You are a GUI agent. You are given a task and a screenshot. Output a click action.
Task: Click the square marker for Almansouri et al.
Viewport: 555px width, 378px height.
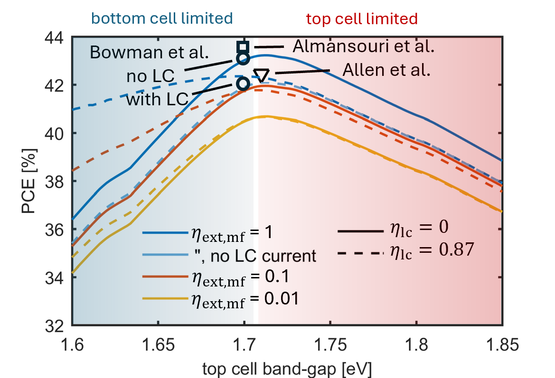[x=243, y=46]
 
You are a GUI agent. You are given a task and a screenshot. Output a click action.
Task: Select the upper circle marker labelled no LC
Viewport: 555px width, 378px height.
[x=243, y=58]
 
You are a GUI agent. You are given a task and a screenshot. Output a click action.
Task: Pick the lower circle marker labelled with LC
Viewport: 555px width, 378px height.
[x=243, y=83]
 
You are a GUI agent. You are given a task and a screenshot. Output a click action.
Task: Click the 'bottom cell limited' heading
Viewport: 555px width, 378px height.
[x=162, y=18]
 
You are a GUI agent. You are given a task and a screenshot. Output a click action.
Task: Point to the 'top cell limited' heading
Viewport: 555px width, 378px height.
[x=361, y=18]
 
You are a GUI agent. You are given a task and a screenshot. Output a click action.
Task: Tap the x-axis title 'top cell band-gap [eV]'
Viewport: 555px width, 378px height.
[x=287, y=368]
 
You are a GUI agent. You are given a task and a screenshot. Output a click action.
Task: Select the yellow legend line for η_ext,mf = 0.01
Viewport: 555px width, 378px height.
[x=166, y=299]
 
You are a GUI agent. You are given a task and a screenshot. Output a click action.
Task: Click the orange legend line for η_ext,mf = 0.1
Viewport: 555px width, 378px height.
[x=166, y=278]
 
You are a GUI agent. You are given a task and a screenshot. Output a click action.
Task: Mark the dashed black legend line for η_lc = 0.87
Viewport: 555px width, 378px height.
[x=359, y=253]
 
